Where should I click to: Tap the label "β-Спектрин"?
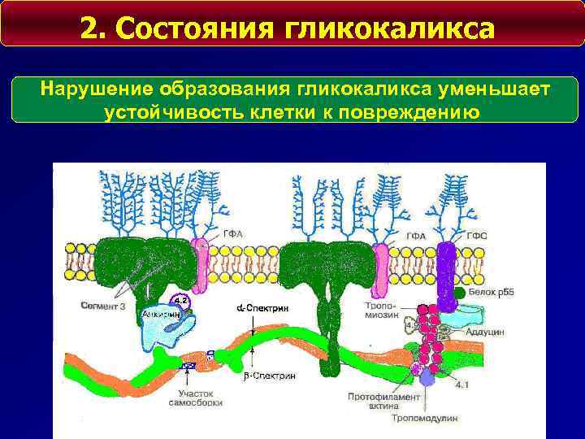tap(274, 376)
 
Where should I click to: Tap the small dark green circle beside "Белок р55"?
tap(460, 291)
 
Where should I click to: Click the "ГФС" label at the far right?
tap(478, 236)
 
